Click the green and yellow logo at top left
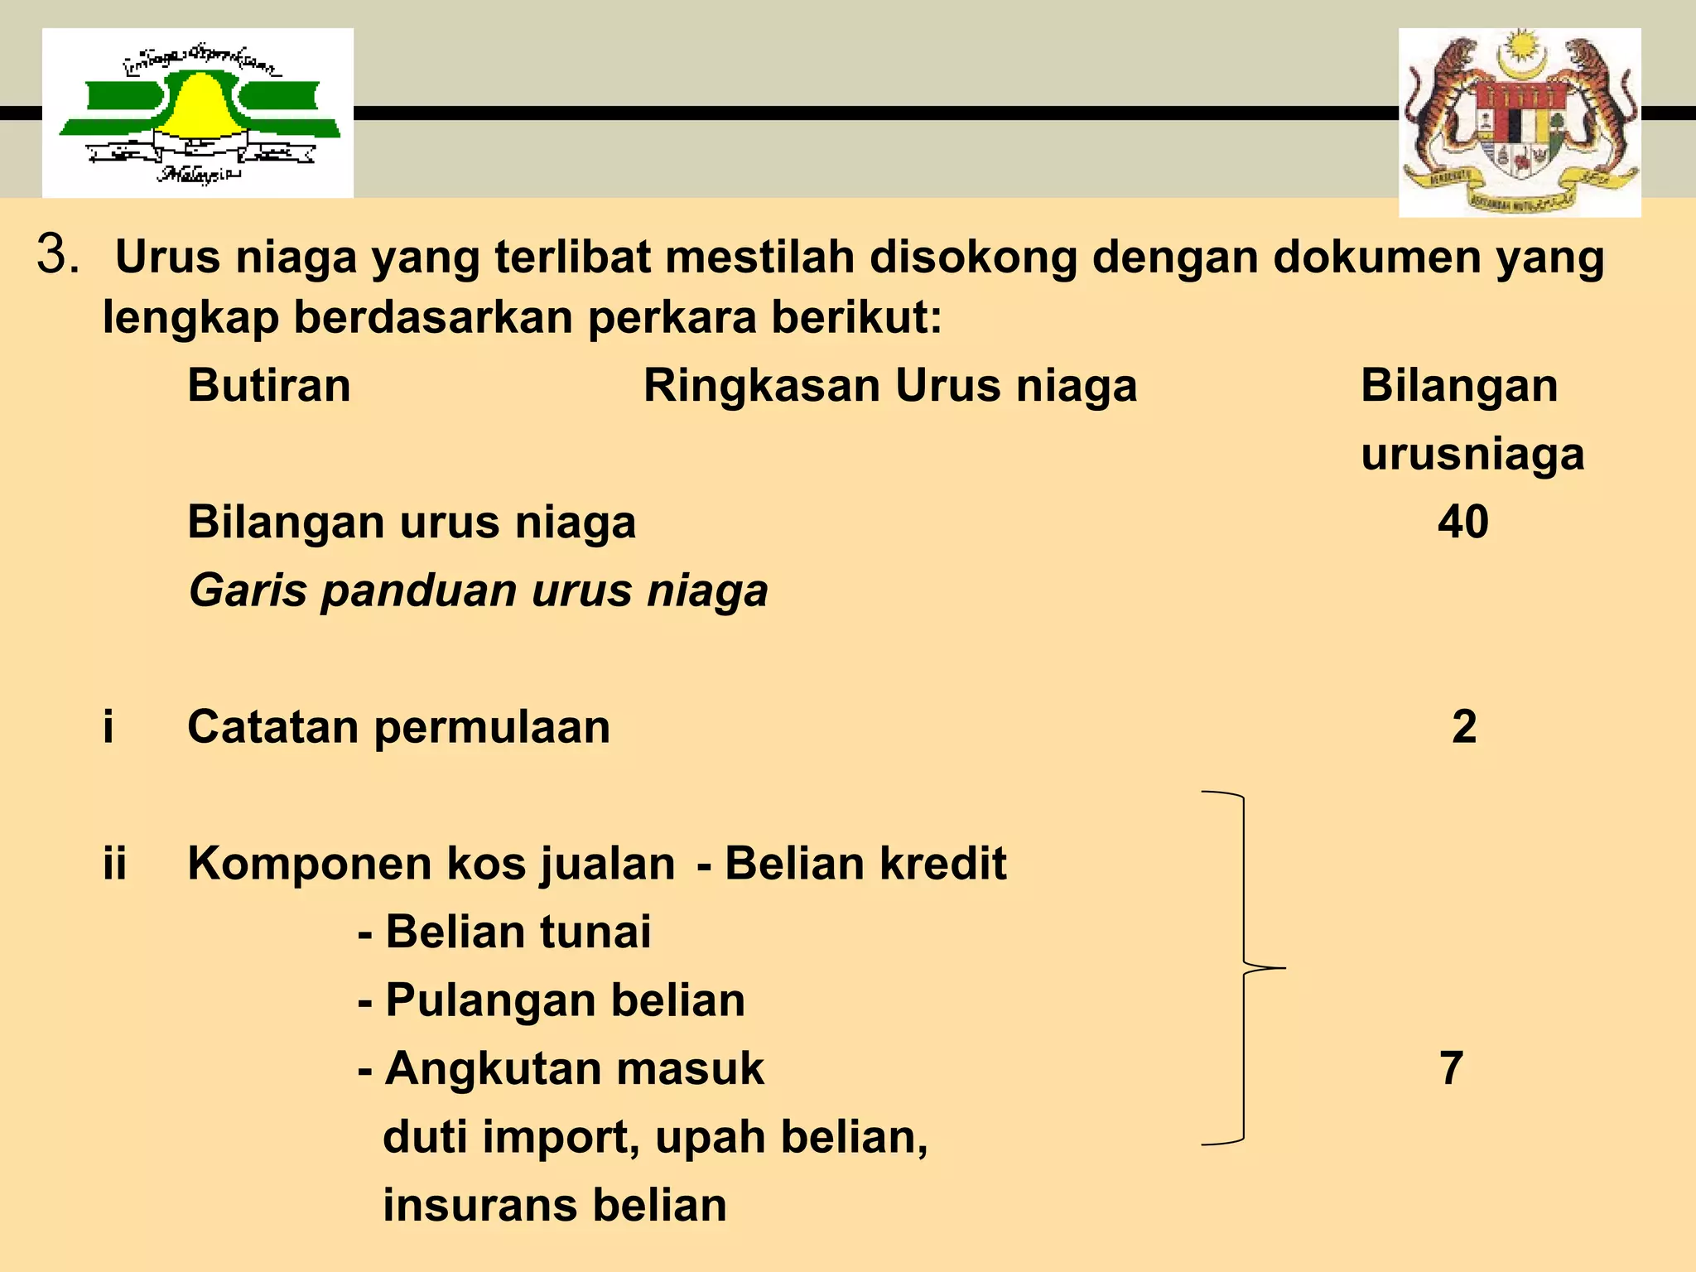(x=198, y=113)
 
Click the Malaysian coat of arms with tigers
(x=1520, y=122)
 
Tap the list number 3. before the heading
(x=58, y=254)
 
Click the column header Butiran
(x=269, y=386)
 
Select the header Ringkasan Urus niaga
(x=890, y=386)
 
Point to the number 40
(x=1462, y=523)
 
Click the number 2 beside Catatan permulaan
(x=1464, y=727)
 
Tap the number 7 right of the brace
(x=1451, y=1068)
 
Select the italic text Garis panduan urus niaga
(x=478, y=591)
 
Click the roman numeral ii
(x=115, y=864)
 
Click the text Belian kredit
(x=865, y=864)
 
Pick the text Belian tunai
(x=518, y=932)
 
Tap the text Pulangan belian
(x=565, y=1000)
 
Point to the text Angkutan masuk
(x=574, y=1068)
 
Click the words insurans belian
(x=555, y=1205)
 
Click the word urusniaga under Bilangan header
(x=1472, y=454)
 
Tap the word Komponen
(x=311, y=864)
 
